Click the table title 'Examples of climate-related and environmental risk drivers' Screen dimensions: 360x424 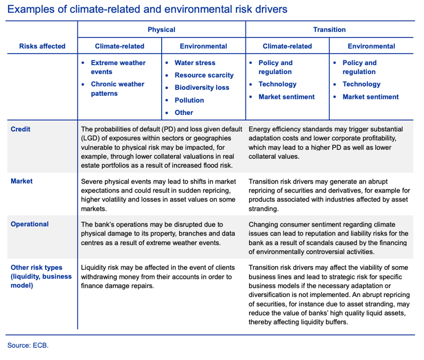148,9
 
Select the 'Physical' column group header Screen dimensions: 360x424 161,30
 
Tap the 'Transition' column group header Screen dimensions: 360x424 329,30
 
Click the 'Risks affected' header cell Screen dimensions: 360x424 42,46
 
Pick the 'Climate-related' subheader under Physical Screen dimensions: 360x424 119,46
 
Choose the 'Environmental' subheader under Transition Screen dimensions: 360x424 371,46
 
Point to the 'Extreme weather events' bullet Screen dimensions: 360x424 118,67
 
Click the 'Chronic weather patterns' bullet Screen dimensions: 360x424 117,88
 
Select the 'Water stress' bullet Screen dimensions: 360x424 195,62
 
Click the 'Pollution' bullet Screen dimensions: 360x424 189,100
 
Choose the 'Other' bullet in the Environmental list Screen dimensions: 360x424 184,112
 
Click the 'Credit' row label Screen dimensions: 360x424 21,129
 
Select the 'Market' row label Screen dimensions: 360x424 22,181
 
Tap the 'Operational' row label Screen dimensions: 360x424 30,224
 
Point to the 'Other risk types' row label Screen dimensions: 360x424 37,267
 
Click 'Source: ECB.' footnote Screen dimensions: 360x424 28,345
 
